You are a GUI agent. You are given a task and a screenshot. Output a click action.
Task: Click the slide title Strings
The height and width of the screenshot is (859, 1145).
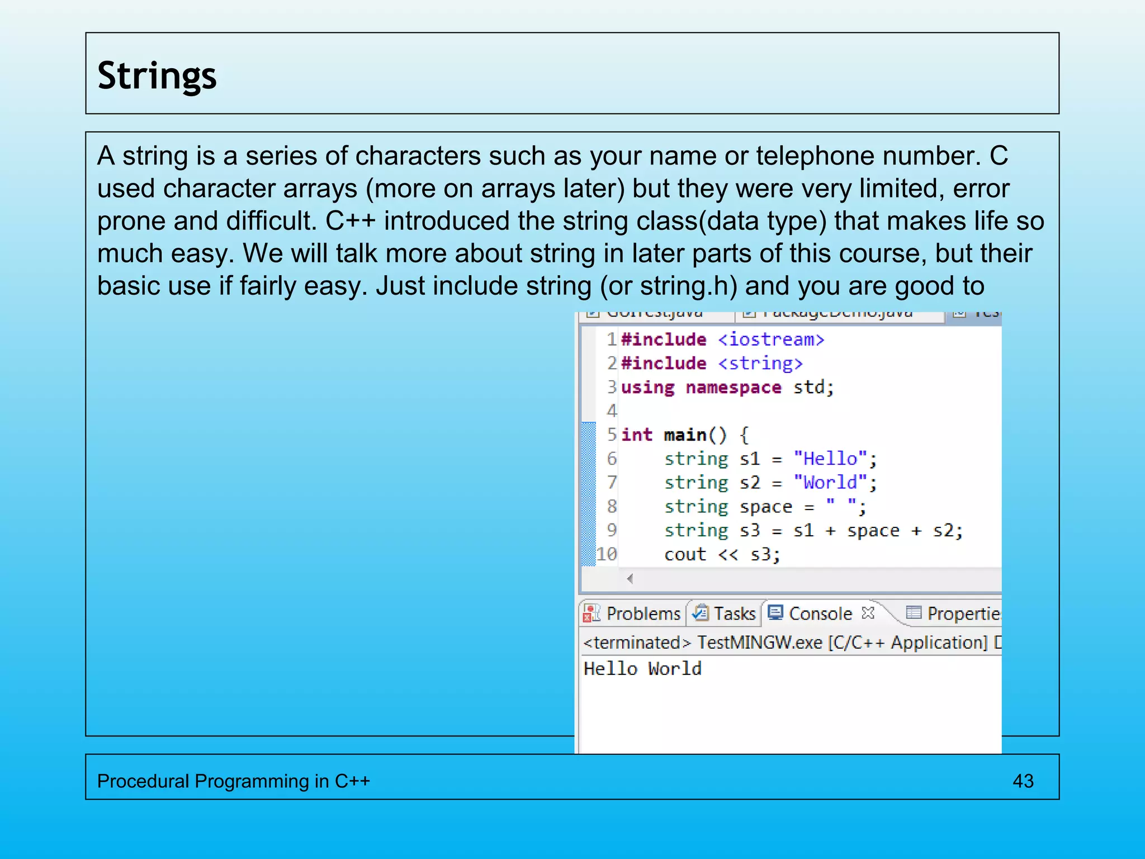[x=157, y=75]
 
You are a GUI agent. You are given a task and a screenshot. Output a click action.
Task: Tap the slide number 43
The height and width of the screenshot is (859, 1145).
[x=1023, y=781]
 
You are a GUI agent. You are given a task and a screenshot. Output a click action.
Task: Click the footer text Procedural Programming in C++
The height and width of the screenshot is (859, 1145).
[x=234, y=781]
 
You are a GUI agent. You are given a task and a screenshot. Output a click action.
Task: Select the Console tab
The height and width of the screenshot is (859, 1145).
[x=820, y=613]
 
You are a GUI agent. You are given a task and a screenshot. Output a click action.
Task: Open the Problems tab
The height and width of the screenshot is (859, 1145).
[x=643, y=613]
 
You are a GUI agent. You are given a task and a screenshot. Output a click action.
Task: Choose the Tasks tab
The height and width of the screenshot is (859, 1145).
[x=734, y=613]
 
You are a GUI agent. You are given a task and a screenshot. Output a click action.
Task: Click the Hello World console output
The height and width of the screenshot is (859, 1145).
[x=642, y=668]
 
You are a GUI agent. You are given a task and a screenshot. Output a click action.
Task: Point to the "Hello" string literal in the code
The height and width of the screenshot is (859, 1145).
[x=830, y=459]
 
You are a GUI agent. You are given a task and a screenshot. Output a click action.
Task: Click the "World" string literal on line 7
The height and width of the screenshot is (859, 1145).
[x=830, y=482]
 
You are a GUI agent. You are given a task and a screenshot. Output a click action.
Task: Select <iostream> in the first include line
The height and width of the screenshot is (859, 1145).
[x=771, y=339]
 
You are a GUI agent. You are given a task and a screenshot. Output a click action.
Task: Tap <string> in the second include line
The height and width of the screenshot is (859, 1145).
[x=760, y=364]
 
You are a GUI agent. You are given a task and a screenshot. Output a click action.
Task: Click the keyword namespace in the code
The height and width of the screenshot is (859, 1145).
[x=733, y=387]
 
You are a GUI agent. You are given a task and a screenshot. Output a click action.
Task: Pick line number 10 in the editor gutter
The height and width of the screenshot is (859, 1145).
[x=607, y=554]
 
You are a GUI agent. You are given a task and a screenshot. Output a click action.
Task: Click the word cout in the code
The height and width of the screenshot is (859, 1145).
[x=685, y=554]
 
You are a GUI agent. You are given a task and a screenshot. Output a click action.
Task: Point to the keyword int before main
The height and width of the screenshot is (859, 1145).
[x=636, y=435]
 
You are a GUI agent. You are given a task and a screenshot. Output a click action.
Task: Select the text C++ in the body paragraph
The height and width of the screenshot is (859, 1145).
[x=351, y=221]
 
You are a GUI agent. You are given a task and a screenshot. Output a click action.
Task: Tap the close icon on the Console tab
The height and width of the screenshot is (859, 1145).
[x=868, y=613]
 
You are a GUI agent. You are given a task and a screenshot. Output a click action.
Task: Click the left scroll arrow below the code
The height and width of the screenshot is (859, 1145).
[x=630, y=579]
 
